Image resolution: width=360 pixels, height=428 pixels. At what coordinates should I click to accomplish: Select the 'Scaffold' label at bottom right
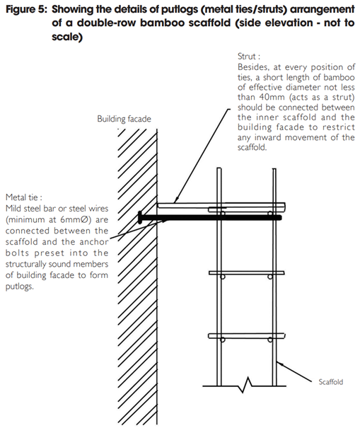(x=330, y=382)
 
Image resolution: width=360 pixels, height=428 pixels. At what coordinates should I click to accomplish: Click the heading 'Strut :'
(x=248, y=54)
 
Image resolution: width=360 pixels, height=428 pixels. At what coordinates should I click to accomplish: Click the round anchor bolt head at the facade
(x=142, y=215)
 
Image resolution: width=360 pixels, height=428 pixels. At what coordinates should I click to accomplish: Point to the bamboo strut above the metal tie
(x=219, y=204)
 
